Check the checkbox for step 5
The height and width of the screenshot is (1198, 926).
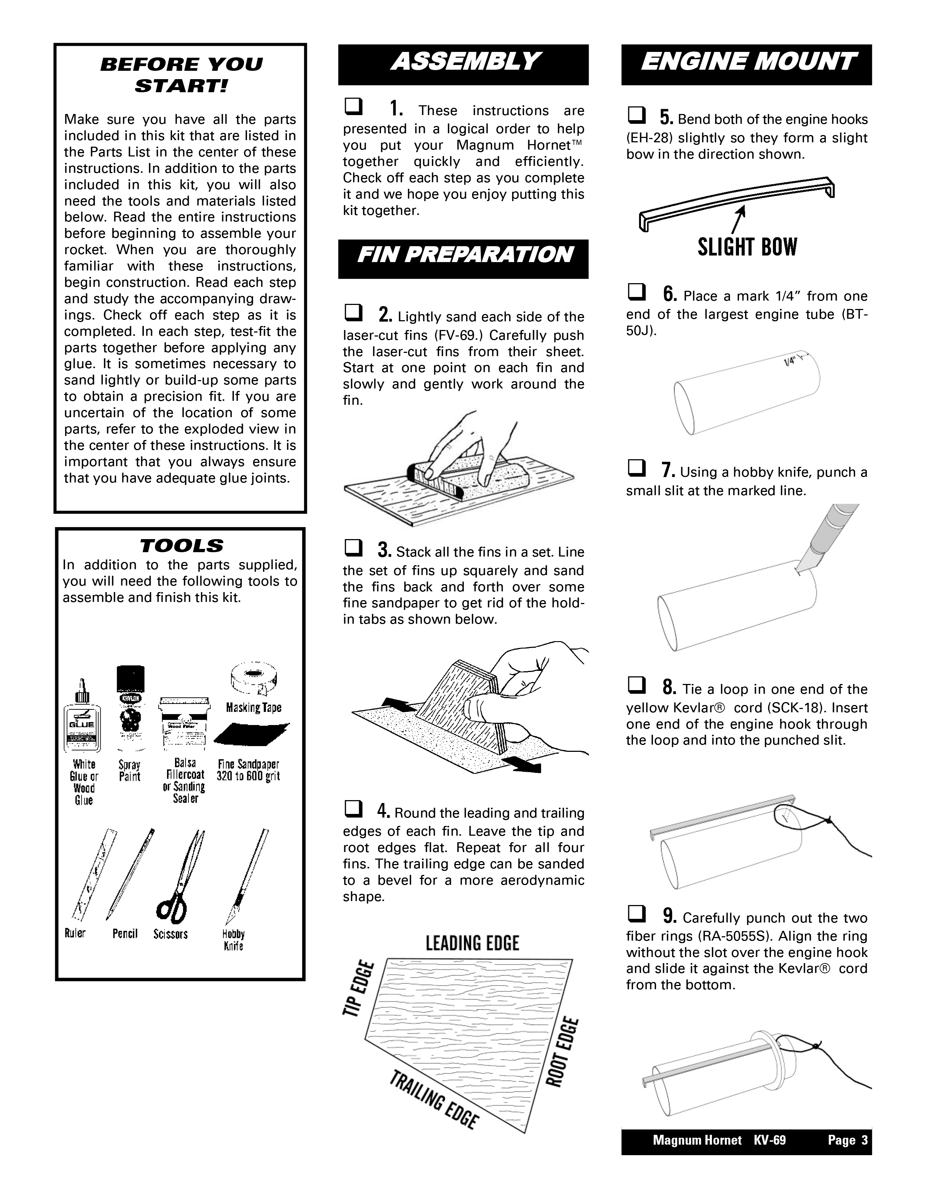pyautogui.click(x=636, y=116)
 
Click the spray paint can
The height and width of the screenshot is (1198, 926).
pyautogui.click(x=131, y=708)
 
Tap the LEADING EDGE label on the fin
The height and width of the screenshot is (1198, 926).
pyautogui.click(x=472, y=944)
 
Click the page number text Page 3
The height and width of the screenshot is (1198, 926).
pyautogui.click(x=848, y=1140)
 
